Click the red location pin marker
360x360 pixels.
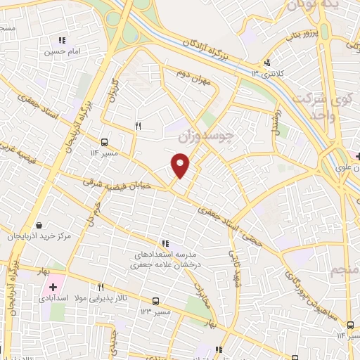pyautogui.click(x=181, y=166)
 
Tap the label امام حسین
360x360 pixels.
pyautogui.click(x=61, y=51)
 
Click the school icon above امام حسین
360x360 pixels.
pyautogui.click(x=62, y=40)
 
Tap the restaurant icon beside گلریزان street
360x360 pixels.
pyautogui.click(x=138, y=127)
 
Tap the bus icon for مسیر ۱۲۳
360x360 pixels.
pyautogui.click(x=165, y=300)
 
